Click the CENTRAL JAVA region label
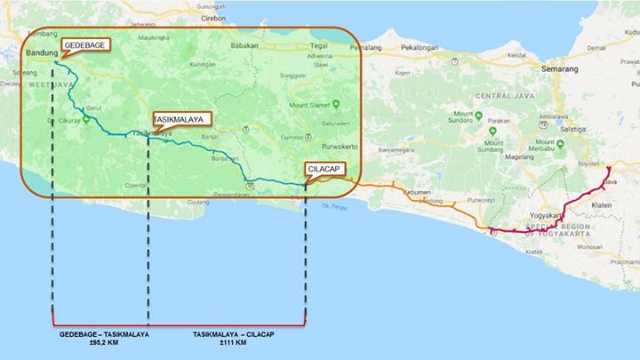[x=503, y=95]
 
